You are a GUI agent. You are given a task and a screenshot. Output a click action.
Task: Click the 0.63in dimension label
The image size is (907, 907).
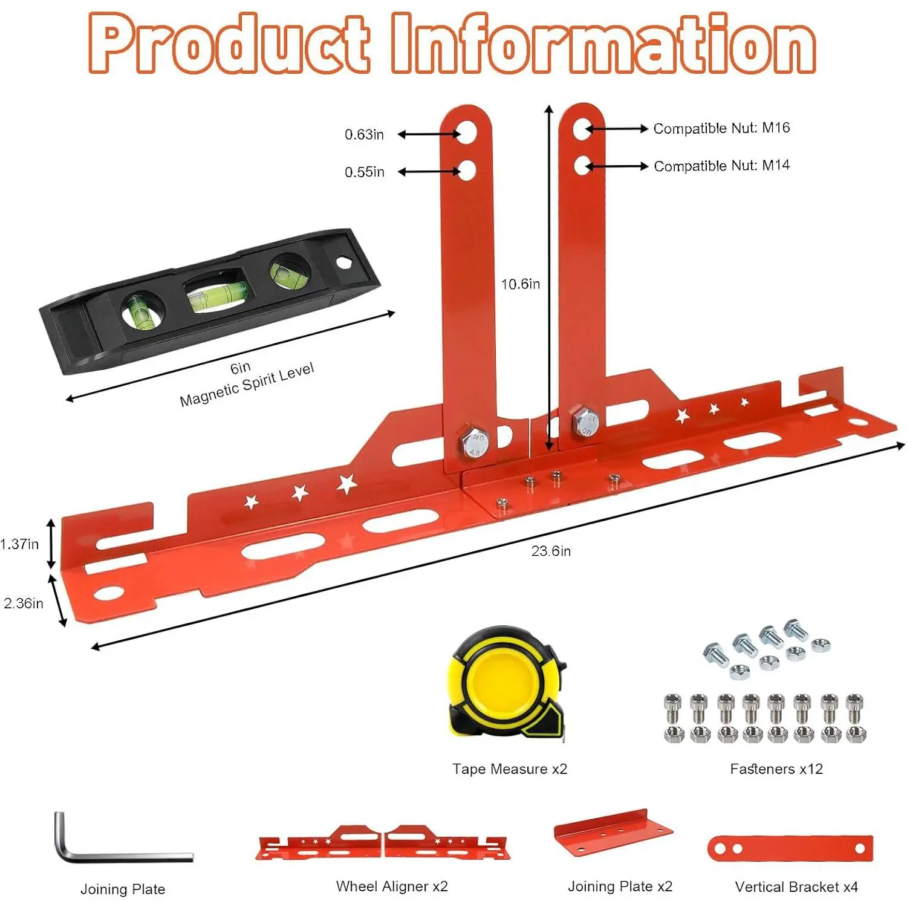click(x=364, y=134)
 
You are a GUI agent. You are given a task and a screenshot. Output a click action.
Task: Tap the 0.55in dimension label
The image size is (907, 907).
click(x=364, y=172)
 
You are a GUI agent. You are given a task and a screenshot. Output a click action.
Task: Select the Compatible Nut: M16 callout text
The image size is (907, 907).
click(x=721, y=128)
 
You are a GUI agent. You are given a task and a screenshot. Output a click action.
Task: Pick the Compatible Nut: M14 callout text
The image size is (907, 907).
click(x=721, y=166)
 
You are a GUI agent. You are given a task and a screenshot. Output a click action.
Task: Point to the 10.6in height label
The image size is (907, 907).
click(x=520, y=284)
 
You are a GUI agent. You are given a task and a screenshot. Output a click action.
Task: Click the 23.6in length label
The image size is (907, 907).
click(x=551, y=551)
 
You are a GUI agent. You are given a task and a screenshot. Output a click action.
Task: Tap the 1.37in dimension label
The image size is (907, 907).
click(x=19, y=544)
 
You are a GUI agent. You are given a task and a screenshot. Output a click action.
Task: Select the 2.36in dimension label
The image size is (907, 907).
click(x=24, y=603)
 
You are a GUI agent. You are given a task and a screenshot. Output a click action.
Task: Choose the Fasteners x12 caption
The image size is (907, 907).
click(x=776, y=769)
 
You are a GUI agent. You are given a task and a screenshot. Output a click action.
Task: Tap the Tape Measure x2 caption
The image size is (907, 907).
click(x=510, y=769)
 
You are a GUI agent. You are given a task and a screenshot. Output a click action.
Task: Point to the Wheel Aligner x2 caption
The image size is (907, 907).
click(x=392, y=886)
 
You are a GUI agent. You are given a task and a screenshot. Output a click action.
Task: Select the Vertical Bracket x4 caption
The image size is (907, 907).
click(x=796, y=887)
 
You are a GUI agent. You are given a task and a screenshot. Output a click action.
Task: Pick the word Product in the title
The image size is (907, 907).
click(x=230, y=44)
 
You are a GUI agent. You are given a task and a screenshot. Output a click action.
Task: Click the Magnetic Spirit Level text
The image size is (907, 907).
click(x=247, y=385)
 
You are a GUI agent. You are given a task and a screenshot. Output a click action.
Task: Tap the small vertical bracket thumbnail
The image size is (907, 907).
click(x=790, y=848)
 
